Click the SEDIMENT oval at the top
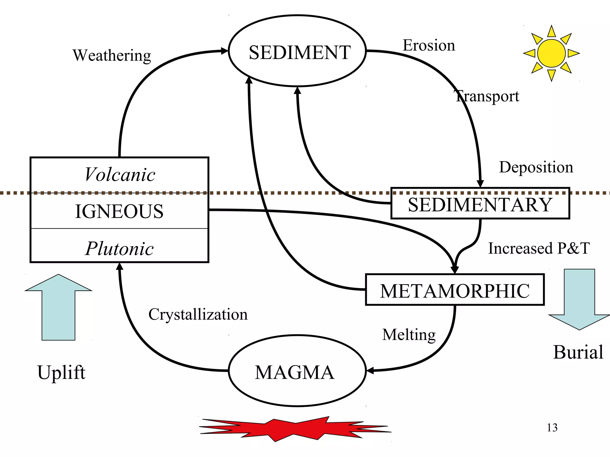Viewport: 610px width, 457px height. (297, 51)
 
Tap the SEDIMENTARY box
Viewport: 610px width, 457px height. (480, 205)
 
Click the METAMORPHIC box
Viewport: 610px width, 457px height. (455, 291)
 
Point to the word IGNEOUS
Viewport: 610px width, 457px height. (119, 212)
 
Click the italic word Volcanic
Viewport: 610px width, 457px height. (120, 175)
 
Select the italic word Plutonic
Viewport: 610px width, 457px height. (119, 248)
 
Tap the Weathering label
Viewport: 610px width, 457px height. (112, 56)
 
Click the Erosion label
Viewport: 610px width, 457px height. (429, 46)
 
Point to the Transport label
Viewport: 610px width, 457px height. (487, 96)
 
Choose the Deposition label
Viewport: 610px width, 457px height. (536, 167)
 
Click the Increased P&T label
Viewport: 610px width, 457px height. (539, 248)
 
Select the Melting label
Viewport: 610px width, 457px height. (409, 335)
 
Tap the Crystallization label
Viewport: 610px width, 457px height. (198, 314)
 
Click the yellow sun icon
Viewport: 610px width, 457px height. (551, 53)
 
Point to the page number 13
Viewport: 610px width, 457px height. (552, 428)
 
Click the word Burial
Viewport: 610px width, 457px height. (578, 352)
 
